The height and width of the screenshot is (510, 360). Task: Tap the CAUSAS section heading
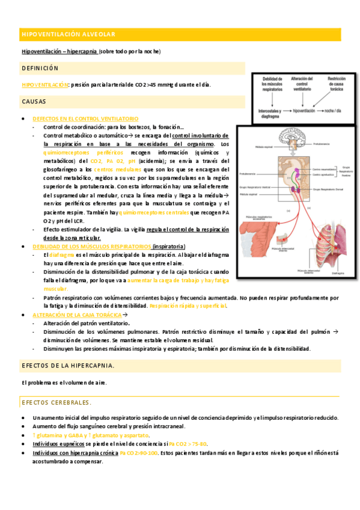pyautogui.click(x=37, y=102)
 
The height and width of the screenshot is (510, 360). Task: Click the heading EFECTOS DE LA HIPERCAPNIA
pyautogui.click(x=68, y=366)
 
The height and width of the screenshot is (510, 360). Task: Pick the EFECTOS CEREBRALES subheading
pyautogui.click(x=56, y=402)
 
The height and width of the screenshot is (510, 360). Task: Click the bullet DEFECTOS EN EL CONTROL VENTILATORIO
pyautogui.click(x=85, y=119)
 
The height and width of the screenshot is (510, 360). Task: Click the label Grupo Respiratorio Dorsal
pyautogui.click(x=328, y=189)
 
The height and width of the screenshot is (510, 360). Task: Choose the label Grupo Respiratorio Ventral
pyautogui.click(x=257, y=188)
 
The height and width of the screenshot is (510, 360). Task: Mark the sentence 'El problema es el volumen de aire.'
pyautogui.click(x=64, y=383)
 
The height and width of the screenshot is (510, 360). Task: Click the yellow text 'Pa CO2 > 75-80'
pyautogui.click(x=188, y=443)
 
